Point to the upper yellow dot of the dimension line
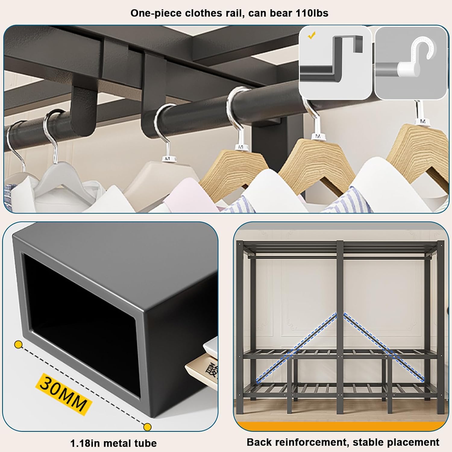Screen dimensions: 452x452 click(x=19, y=344)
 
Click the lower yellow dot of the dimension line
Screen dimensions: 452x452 click(x=147, y=427)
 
